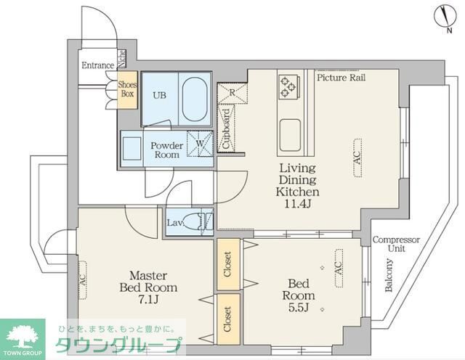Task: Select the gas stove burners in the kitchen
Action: [x=286, y=86]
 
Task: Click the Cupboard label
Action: [x=226, y=129]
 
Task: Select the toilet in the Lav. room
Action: [x=199, y=222]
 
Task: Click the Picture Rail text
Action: [x=341, y=77]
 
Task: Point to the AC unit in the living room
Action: [x=357, y=152]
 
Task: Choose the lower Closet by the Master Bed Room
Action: [x=227, y=316]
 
